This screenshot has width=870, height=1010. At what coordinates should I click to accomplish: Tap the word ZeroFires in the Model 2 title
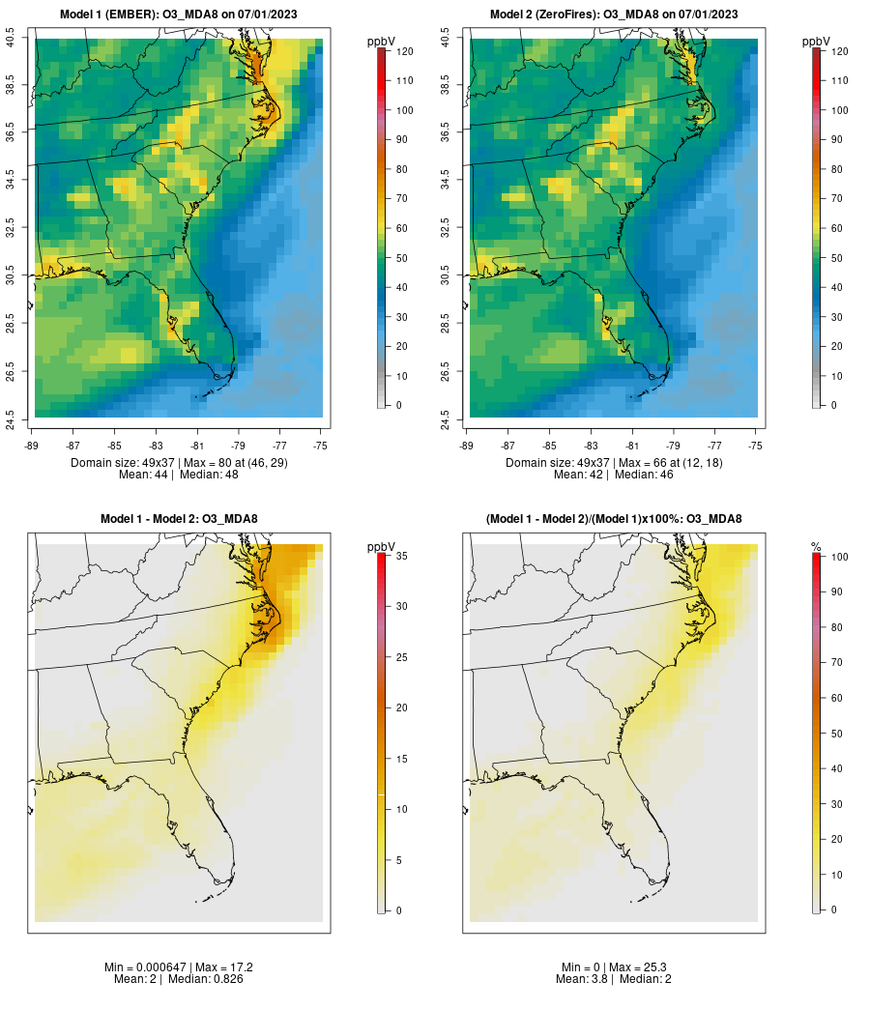[x=559, y=14]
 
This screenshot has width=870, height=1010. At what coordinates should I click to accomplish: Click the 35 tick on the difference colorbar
[x=399, y=556]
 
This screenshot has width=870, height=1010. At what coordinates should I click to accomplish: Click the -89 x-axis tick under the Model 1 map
[x=32, y=446]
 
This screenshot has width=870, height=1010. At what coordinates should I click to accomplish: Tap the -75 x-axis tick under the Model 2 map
[x=755, y=446]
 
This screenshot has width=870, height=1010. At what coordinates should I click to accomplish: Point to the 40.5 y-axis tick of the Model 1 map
[x=11, y=39]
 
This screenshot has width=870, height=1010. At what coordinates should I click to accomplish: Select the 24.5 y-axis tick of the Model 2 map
[x=445, y=418]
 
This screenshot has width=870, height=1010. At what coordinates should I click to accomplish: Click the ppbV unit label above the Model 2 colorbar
[x=817, y=42]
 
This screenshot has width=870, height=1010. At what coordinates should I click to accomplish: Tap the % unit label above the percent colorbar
[x=816, y=547]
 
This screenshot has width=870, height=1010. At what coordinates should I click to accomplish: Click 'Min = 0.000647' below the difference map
[x=144, y=967]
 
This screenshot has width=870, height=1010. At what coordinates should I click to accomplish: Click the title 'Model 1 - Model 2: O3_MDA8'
[x=179, y=519]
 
